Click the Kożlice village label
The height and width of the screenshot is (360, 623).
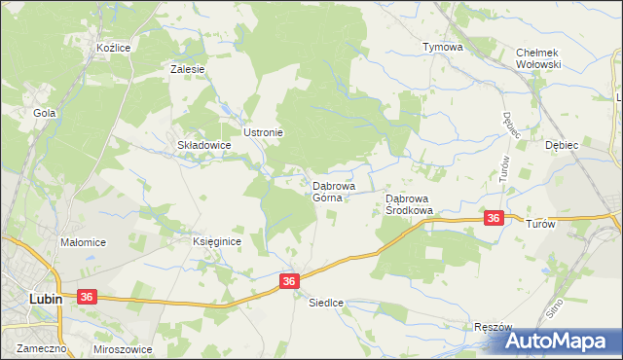click(x=113, y=47)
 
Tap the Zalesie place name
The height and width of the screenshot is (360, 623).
click(x=187, y=69)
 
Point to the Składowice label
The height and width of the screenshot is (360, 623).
click(x=203, y=145)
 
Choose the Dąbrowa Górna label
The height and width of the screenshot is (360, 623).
click(x=333, y=191)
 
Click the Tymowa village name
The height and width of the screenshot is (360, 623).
click(x=442, y=47)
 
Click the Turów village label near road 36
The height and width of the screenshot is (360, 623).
click(x=540, y=223)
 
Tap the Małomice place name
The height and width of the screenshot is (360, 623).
click(x=83, y=242)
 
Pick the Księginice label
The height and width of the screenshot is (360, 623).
click(x=215, y=242)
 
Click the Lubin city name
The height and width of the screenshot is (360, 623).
click(x=45, y=299)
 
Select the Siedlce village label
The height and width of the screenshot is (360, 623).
click(x=326, y=302)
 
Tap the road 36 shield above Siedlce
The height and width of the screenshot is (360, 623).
click(x=289, y=280)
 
